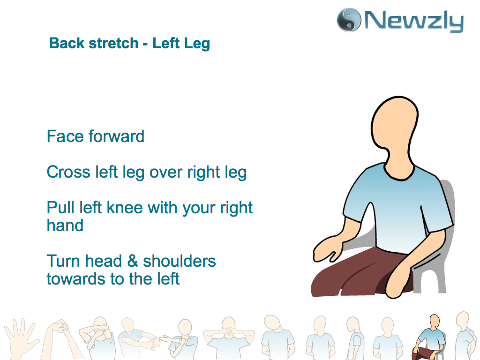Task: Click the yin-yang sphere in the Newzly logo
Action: click(348, 20)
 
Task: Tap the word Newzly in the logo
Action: click(414, 21)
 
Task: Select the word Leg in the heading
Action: click(197, 44)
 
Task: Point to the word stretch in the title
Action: click(113, 43)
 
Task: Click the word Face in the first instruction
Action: click(65, 136)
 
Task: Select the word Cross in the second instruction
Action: click(68, 172)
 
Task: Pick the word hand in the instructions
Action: click(65, 225)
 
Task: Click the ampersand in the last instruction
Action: click(132, 261)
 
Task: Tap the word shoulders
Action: click(180, 261)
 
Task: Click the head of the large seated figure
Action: click(395, 132)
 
